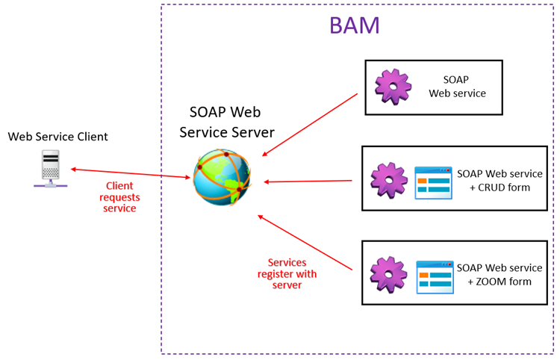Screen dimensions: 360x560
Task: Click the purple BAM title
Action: tap(355, 25)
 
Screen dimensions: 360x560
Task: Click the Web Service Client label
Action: tap(57, 137)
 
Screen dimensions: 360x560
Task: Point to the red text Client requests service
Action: tap(119, 197)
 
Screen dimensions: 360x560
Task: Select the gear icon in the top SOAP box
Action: tap(393, 87)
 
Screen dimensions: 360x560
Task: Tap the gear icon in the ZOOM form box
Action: tap(389, 274)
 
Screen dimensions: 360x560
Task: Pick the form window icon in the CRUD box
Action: tap(433, 182)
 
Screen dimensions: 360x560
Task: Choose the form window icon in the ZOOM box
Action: tap(435, 276)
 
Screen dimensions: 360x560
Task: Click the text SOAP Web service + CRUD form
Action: tap(499, 181)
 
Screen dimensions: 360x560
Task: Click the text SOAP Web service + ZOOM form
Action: tap(499, 274)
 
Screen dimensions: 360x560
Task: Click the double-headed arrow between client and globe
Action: tap(131, 173)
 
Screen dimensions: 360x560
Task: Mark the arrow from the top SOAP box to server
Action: tap(310, 125)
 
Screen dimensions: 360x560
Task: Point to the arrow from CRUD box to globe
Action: tap(308, 181)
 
